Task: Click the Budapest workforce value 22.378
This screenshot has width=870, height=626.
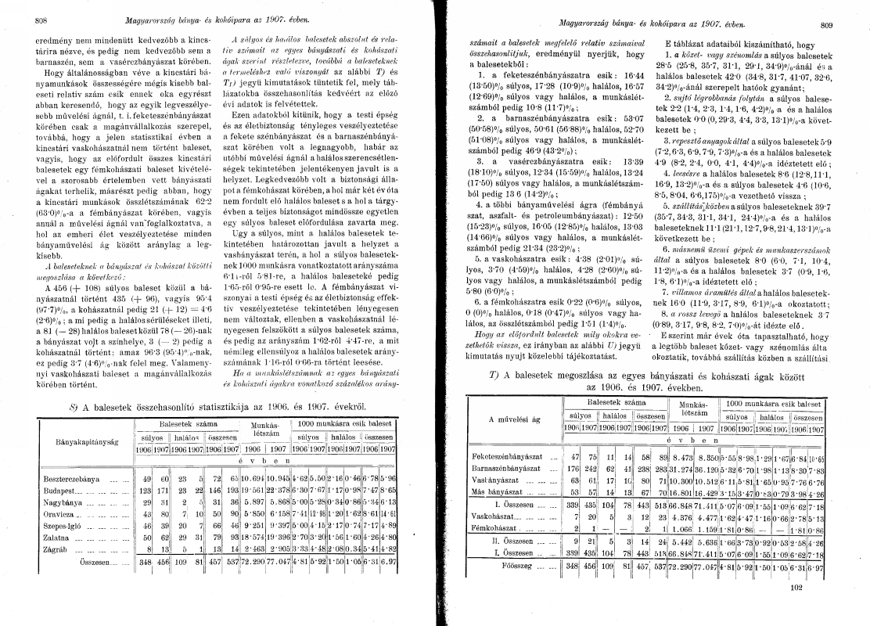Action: (x=279, y=491)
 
